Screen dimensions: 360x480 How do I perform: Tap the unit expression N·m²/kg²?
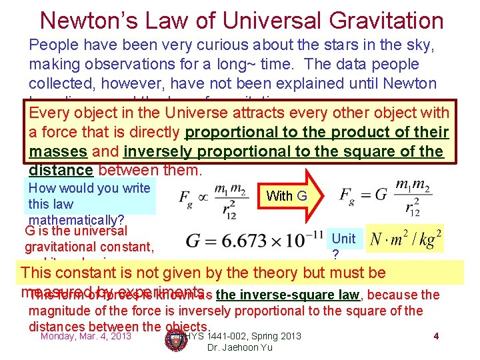point(406,237)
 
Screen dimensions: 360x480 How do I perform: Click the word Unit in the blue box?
point(343,238)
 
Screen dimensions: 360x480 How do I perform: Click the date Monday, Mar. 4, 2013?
point(86,336)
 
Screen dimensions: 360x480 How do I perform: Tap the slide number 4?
point(435,336)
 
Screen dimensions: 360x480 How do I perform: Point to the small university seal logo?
point(176,341)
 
